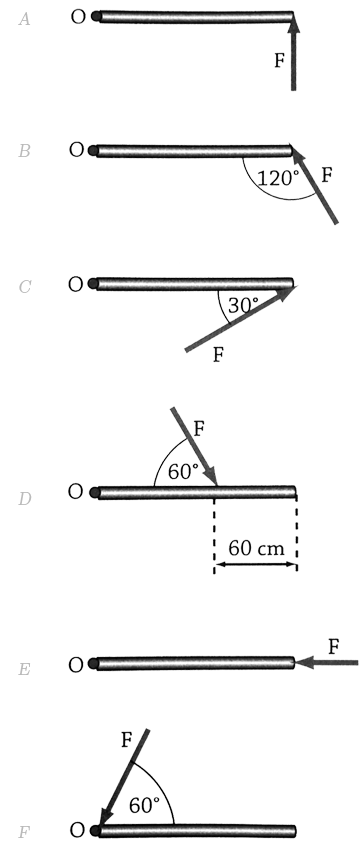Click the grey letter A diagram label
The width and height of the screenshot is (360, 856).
coord(25,20)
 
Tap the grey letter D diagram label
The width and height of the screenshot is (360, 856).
coord(25,498)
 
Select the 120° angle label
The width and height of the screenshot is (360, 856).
coord(279,178)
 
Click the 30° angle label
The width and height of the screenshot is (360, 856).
coord(243,305)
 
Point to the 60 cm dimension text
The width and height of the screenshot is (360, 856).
coord(256,548)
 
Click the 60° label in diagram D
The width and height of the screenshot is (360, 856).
coord(183,472)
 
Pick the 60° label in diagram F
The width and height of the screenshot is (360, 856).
coord(144,805)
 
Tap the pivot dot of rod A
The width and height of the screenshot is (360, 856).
coord(96,16)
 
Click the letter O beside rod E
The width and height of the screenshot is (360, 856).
coord(76,664)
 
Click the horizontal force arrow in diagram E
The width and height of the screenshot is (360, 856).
coord(326,663)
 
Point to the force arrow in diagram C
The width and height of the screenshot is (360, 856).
coord(240,318)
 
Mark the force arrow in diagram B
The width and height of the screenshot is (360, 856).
coord(315,185)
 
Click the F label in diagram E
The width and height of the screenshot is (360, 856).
coord(334,647)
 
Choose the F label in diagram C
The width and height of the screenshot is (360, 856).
coord(218,355)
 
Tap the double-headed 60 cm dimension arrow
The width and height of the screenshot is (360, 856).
coord(256,564)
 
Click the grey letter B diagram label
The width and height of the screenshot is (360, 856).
coord(24,151)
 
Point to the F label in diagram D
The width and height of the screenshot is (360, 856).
coord(199,429)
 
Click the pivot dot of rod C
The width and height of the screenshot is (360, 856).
coord(93,284)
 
